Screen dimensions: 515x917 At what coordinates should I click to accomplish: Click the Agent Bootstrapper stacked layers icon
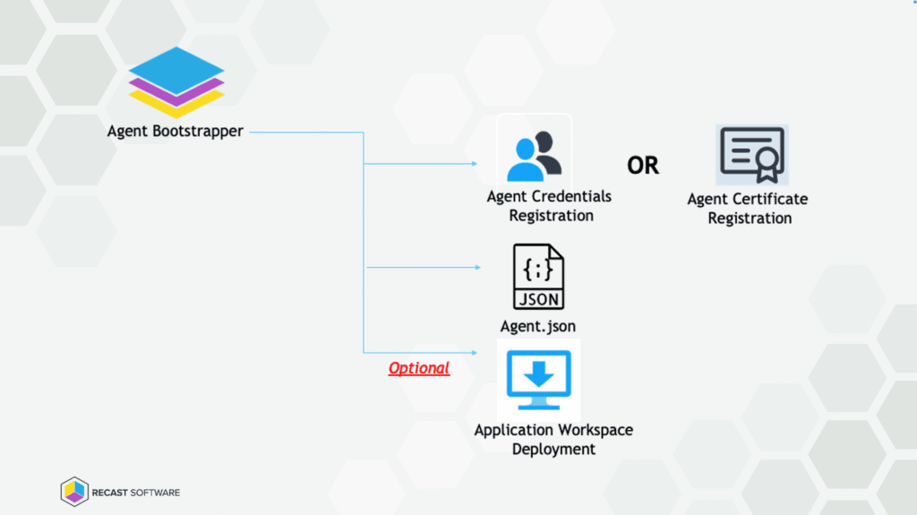click(x=176, y=82)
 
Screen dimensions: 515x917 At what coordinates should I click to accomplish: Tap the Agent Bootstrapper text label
click(x=175, y=131)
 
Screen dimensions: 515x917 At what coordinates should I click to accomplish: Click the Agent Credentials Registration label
click(x=550, y=205)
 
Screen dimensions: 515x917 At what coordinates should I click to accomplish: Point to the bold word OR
click(x=643, y=166)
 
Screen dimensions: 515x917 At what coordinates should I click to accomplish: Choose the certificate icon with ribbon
click(x=750, y=155)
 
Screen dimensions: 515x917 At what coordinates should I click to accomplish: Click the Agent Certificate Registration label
click(x=749, y=208)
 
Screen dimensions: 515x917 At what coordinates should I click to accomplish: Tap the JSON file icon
click(x=538, y=277)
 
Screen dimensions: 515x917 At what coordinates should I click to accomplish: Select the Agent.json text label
click(x=538, y=326)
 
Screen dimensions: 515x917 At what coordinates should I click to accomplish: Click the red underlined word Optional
click(x=418, y=368)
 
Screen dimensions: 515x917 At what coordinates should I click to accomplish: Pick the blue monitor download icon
click(x=538, y=379)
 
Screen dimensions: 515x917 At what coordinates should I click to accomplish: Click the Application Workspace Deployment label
click(x=553, y=439)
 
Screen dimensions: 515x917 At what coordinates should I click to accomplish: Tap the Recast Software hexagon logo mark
click(x=74, y=492)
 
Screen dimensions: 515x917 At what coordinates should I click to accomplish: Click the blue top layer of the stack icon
click(x=176, y=68)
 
